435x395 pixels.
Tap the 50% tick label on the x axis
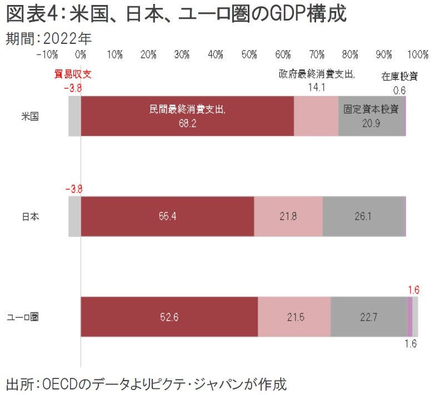[249, 54]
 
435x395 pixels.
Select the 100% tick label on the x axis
[417, 54]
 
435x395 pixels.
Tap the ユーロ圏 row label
[26, 317]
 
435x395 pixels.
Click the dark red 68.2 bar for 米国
[187, 116]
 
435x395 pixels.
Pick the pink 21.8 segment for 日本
[288, 216]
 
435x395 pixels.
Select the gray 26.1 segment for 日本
[363, 216]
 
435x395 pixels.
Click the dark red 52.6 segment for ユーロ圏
[169, 317]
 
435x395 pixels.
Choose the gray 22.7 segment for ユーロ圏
[368, 317]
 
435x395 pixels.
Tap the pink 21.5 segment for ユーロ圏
[294, 317]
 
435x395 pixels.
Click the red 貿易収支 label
[73, 74]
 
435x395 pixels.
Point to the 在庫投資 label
[399, 77]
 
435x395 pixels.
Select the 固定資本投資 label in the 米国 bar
[371, 109]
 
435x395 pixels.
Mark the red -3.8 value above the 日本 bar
[73, 189]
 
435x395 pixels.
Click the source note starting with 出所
[146, 383]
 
